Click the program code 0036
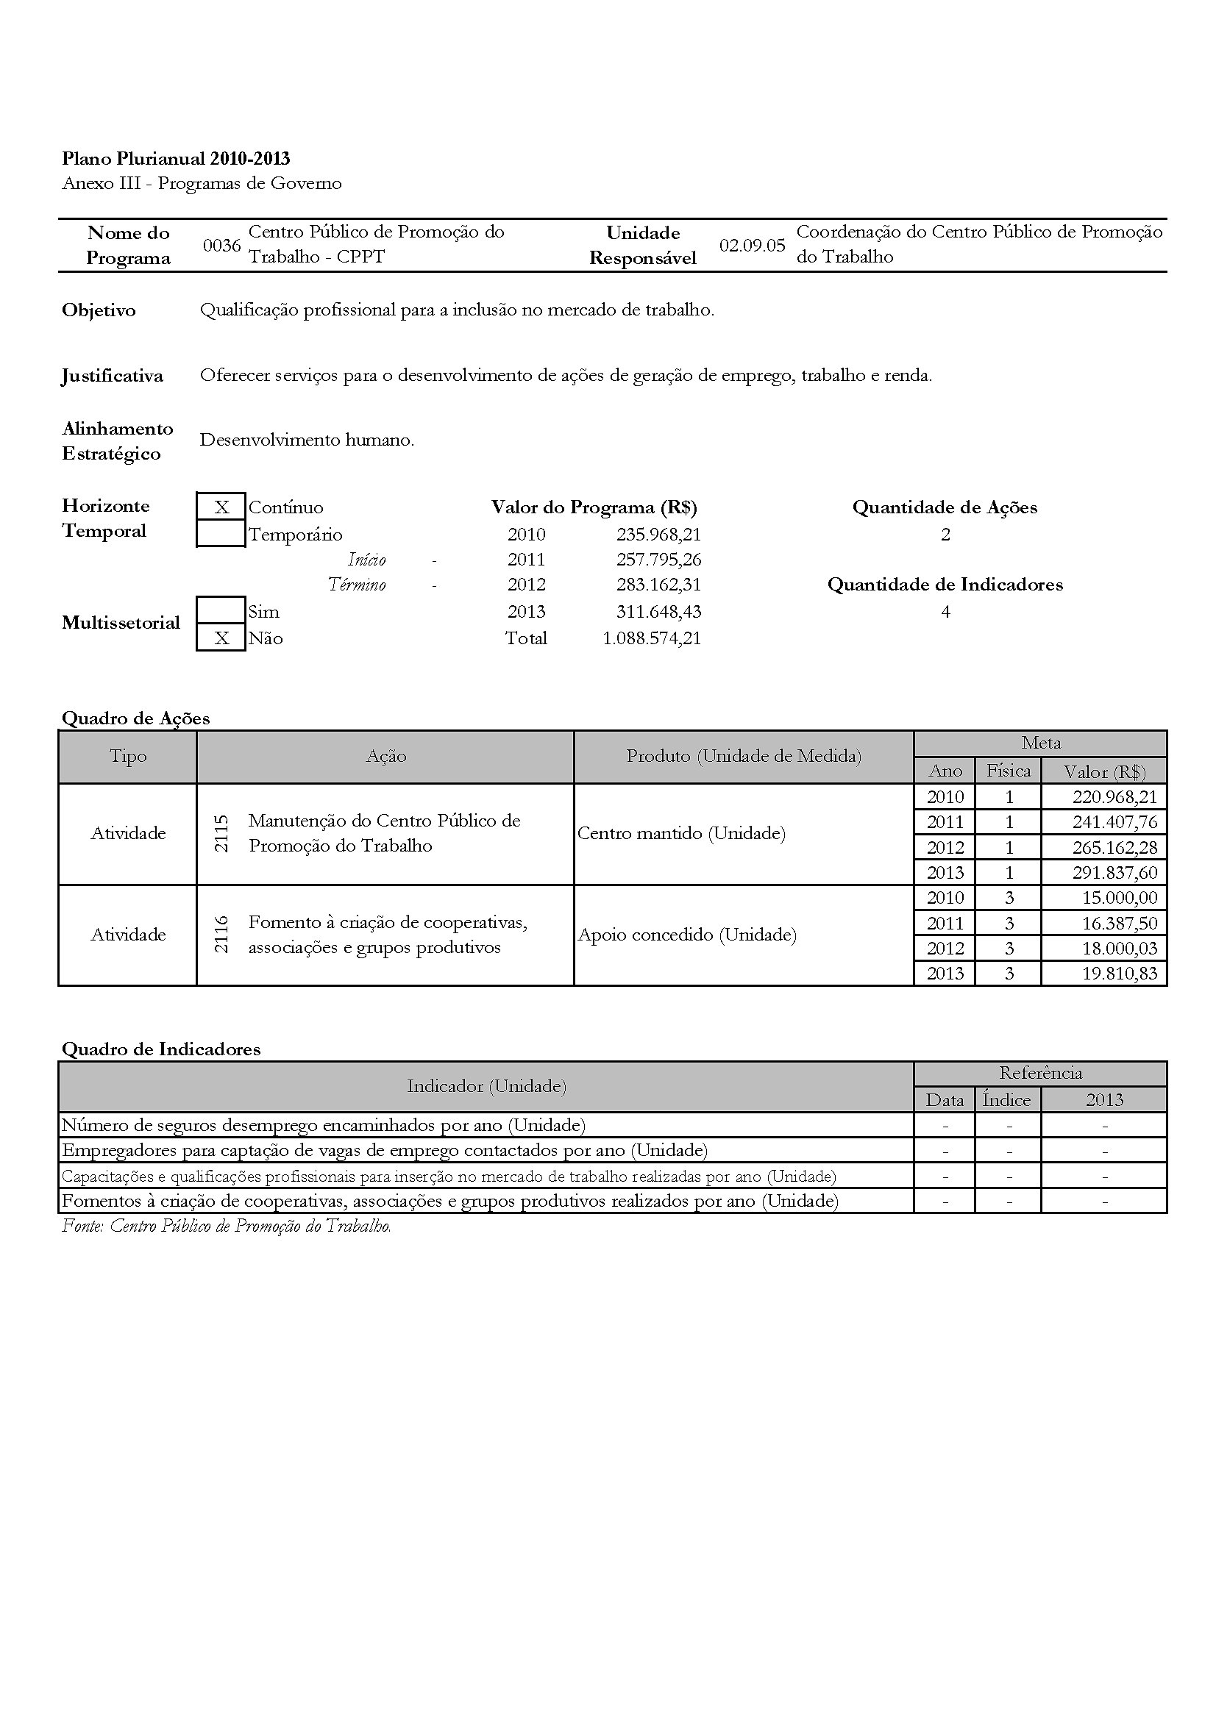coord(221,246)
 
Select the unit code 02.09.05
coord(753,246)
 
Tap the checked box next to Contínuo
coord(221,507)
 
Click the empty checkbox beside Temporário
coord(221,534)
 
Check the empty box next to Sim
coord(221,610)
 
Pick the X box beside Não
coord(221,638)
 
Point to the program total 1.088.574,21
coord(652,638)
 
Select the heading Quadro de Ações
coord(135,718)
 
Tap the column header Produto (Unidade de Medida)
coord(743,757)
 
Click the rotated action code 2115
coord(221,834)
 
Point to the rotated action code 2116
coord(221,935)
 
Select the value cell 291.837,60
coord(1115,873)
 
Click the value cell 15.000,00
coord(1120,897)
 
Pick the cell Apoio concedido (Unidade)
coord(687,935)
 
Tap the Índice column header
coord(1007,1099)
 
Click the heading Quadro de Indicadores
coord(161,1049)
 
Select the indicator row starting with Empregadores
coord(384,1150)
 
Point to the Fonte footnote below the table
coord(227,1227)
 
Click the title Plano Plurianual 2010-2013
coord(176,159)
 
